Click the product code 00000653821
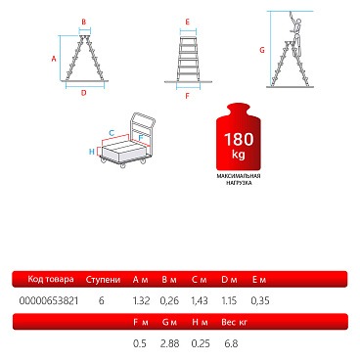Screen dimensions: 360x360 [49, 300]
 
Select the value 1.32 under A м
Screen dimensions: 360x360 [141, 300]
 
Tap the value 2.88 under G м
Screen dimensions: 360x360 [169, 343]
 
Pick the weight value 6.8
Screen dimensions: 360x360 [231, 343]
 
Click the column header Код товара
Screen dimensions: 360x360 [51, 279]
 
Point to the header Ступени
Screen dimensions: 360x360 [103, 280]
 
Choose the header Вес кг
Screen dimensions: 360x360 [235, 322]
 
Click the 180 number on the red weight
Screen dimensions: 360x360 [239, 139]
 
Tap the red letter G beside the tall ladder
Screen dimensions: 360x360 [262, 50]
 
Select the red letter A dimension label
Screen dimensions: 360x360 [54, 59]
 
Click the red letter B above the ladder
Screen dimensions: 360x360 [84, 22]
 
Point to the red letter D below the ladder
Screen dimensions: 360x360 [84, 93]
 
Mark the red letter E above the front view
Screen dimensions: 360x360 [188, 22]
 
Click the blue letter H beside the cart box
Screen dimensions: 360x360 [92, 152]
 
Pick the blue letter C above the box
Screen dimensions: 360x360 [112, 133]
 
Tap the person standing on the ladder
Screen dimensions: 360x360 [295, 32]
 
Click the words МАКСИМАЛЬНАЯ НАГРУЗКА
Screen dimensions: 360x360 [239, 179]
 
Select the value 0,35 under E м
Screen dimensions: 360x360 [260, 300]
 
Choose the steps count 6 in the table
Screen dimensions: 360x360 [102, 300]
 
